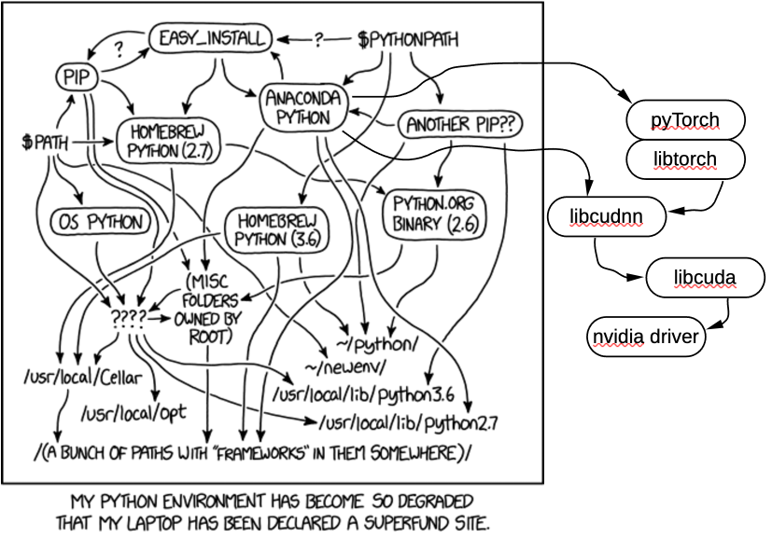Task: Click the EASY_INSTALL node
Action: (211, 38)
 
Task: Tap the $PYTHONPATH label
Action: (408, 39)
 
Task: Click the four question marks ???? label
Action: (128, 318)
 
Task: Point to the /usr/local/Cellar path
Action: (72, 379)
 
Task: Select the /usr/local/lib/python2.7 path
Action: (409, 424)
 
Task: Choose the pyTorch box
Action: (685, 119)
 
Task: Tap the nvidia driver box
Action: (644, 337)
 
